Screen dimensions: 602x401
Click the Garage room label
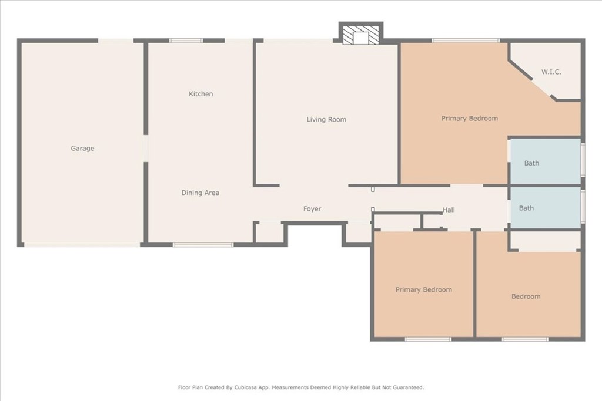point(82,149)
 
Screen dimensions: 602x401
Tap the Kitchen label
point(201,94)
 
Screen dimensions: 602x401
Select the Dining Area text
point(200,193)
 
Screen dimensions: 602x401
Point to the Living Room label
point(326,120)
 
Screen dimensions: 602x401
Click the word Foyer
point(312,209)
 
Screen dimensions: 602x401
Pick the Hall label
point(449,210)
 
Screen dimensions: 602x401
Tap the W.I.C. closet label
point(551,72)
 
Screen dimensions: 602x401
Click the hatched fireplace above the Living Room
point(361,35)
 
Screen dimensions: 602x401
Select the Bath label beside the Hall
point(526,208)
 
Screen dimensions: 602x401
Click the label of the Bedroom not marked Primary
point(526,296)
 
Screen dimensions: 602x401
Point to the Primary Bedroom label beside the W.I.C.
point(470,119)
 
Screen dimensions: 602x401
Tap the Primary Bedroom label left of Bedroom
point(424,290)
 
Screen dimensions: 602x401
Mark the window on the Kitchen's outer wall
point(186,41)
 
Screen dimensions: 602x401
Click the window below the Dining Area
point(203,245)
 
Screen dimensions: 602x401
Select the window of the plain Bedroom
point(525,339)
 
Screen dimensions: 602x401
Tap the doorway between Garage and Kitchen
point(146,149)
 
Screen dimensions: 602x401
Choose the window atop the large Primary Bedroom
point(466,41)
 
